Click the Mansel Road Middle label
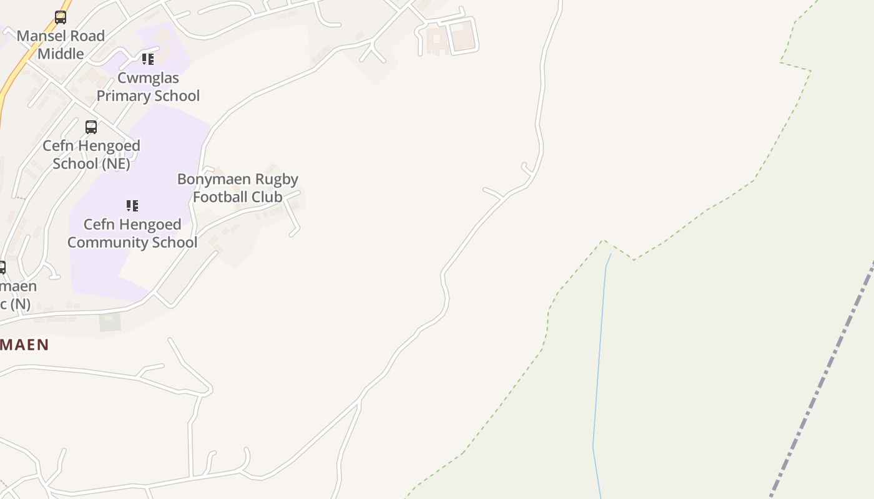tap(61, 45)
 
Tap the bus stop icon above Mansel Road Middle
tap(61, 17)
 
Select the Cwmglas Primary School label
tap(148, 87)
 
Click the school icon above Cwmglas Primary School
tap(147, 59)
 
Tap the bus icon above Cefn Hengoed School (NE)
tap(91, 127)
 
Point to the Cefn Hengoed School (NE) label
tap(91, 154)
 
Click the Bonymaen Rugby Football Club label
tap(237, 188)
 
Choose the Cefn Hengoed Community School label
tap(132, 233)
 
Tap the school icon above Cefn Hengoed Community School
tap(132, 205)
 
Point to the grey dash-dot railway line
tap(824, 374)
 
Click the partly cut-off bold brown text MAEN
tap(24, 345)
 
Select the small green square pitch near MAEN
tap(110, 322)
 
